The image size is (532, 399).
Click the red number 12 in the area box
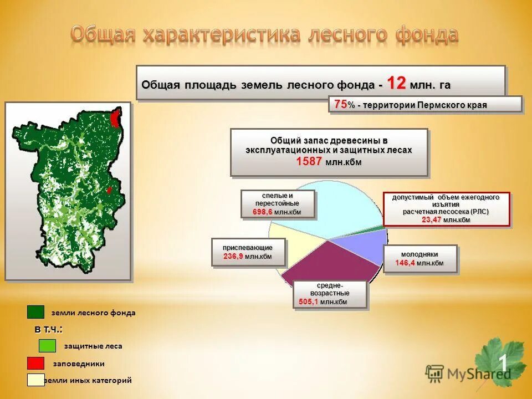coord(397,83)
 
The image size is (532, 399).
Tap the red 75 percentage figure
coord(341,104)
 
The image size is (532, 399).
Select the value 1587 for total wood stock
coord(309,161)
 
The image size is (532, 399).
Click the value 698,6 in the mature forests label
coord(262,212)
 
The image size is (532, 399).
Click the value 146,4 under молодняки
coord(405,263)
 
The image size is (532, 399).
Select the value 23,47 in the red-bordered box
coord(432,220)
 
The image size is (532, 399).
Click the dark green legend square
coord(35,312)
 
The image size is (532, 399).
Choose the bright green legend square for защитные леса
coord(47,346)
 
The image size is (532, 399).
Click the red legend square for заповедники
coord(35,364)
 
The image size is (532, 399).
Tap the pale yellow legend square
coord(35,380)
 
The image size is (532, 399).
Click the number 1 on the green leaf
coord(503,363)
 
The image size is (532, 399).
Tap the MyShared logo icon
coord(434,372)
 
